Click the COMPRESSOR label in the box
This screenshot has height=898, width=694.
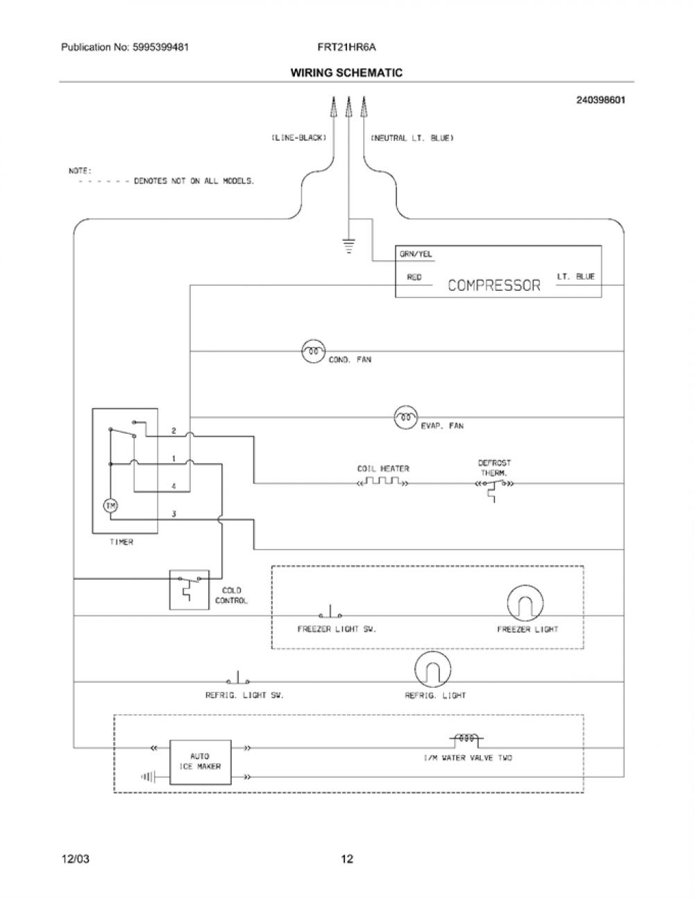point(494,285)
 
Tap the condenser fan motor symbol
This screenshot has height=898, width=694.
point(313,352)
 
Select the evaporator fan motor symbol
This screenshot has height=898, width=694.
point(406,417)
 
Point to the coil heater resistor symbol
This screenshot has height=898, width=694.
point(383,482)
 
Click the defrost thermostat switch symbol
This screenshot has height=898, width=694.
point(495,489)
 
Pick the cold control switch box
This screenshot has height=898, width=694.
point(189,590)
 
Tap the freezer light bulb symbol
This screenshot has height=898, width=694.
point(525,603)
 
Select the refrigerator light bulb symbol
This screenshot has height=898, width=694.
point(433,670)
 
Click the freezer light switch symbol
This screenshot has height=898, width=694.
point(330,612)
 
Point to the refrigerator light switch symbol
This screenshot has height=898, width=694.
point(238,678)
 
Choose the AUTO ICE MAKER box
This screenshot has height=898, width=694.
point(201,763)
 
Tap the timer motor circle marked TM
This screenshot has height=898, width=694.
point(110,506)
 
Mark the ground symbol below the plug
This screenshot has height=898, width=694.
point(349,246)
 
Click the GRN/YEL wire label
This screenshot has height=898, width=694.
point(416,254)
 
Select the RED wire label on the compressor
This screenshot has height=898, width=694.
point(414,278)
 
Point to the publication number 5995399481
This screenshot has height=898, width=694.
point(161,47)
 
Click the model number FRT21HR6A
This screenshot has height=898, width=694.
point(346,47)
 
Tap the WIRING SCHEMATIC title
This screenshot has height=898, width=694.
point(346,73)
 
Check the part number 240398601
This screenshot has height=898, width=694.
point(600,100)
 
